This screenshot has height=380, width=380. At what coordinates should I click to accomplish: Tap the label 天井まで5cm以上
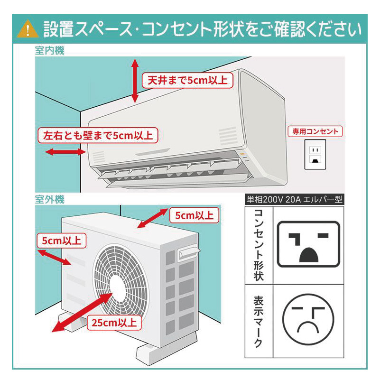click(x=187, y=80)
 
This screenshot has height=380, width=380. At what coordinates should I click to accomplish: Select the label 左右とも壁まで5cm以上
click(x=98, y=135)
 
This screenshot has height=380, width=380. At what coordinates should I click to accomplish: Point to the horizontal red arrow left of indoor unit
click(x=65, y=152)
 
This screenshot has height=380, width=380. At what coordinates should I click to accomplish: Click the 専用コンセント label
click(x=315, y=131)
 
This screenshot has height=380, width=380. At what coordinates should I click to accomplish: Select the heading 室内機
click(x=49, y=51)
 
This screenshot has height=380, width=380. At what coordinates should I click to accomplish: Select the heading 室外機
click(x=49, y=199)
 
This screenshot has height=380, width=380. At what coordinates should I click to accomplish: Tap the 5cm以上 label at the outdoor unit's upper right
click(x=194, y=216)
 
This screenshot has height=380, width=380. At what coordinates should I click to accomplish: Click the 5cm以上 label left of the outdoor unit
click(x=61, y=240)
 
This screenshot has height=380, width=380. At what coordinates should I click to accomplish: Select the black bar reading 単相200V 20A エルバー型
click(x=294, y=199)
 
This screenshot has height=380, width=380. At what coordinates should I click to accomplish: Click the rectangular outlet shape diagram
click(x=308, y=244)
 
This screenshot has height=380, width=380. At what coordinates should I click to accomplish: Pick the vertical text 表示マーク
click(x=259, y=322)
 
